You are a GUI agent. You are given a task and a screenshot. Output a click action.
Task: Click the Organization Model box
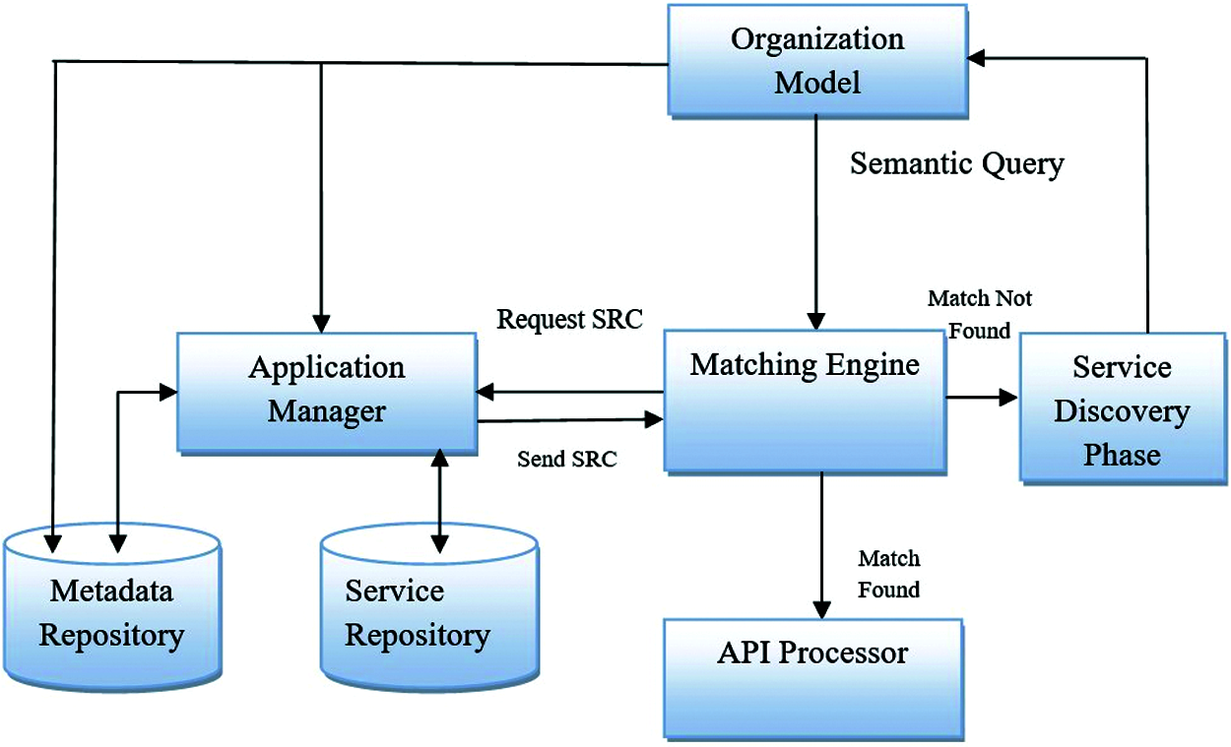click(x=817, y=61)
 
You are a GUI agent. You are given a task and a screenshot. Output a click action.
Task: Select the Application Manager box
click(x=326, y=394)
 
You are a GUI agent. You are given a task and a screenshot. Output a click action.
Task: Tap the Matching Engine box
click(x=806, y=402)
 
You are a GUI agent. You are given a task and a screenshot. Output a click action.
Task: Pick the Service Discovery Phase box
click(x=1124, y=408)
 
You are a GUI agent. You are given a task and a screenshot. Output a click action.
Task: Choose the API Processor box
click(x=813, y=679)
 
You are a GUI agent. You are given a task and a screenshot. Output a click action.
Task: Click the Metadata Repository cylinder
click(x=112, y=607)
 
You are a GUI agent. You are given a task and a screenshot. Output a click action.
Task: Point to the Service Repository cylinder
click(x=429, y=607)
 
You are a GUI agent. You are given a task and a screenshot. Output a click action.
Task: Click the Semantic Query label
click(x=957, y=164)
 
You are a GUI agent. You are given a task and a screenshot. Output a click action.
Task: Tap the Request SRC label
click(x=569, y=320)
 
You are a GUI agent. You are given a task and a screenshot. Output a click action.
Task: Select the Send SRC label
click(x=566, y=460)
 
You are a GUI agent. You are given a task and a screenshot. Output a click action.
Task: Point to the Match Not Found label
click(x=980, y=314)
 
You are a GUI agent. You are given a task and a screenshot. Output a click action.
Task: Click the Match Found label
click(x=888, y=574)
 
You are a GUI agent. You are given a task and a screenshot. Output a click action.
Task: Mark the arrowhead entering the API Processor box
click(x=821, y=610)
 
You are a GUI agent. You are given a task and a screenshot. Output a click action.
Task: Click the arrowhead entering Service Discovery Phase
click(x=1008, y=397)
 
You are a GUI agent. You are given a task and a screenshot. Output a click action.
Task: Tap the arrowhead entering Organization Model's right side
click(x=976, y=58)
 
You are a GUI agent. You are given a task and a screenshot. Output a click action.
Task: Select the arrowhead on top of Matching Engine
click(x=816, y=321)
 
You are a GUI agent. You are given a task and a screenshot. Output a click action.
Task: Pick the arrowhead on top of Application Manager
click(x=321, y=324)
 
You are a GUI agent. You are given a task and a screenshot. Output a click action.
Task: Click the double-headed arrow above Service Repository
click(x=439, y=501)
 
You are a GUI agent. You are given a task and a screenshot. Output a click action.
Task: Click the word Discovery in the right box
click(x=1123, y=412)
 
